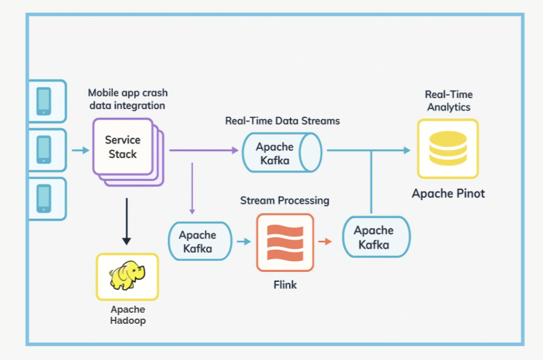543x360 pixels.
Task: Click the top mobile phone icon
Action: click(x=44, y=101)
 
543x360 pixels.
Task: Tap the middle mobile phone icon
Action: click(x=44, y=149)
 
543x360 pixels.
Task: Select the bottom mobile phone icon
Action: click(x=44, y=198)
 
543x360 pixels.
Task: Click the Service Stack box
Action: click(x=123, y=147)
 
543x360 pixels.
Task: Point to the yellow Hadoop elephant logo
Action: click(x=127, y=276)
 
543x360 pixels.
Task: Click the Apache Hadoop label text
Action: click(x=128, y=314)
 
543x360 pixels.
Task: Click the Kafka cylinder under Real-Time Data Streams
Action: click(x=281, y=152)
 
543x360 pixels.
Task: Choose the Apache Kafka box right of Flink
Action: click(x=376, y=237)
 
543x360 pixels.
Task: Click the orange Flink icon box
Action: click(x=285, y=242)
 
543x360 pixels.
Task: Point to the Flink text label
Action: click(x=285, y=285)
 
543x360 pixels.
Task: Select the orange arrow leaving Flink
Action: click(x=325, y=240)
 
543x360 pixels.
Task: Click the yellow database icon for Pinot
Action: click(x=448, y=149)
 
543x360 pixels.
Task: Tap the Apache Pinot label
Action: click(x=448, y=194)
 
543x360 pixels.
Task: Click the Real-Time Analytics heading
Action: click(x=448, y=100)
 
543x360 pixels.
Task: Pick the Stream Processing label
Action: click(x=284, y=201)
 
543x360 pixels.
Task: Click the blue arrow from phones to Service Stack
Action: click(x=81, y=151)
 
